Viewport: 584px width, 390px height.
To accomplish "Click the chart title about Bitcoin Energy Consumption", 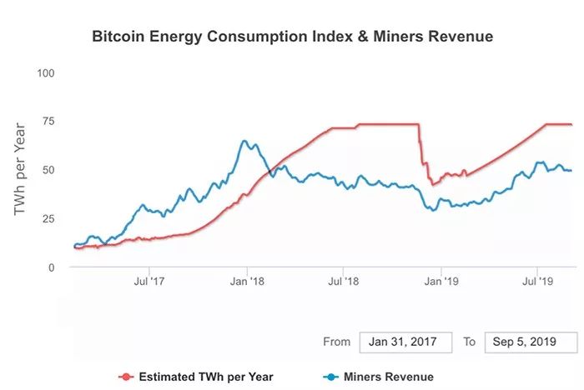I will (x=292, y=37).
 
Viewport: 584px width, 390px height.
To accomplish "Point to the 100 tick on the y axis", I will (x=46, y=72).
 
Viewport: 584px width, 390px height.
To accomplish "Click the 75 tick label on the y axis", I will (x=48, y=121).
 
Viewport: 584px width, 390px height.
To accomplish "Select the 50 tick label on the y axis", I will (x=48, y=170).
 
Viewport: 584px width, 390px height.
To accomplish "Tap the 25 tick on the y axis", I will (x=48, y=218).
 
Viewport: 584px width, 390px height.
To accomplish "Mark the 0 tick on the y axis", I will (x=51, y=267).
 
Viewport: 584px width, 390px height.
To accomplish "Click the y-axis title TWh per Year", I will (x=22, y=170).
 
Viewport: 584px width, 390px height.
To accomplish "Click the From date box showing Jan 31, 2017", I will (x=405, y=342).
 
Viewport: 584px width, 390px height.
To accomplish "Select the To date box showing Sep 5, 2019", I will (x=531, y=342).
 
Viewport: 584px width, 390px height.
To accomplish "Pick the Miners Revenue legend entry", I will (x=384, y=377).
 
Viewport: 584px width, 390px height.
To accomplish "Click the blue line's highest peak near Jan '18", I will (x=244, y=141).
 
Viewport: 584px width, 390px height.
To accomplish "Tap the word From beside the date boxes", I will (x=337, y=342).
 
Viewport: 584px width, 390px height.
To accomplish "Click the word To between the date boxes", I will (x=470, y=342).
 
